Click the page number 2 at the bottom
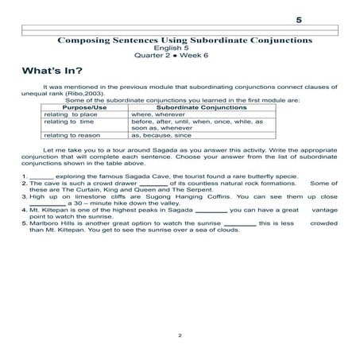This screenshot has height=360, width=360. (x=180, y=336)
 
